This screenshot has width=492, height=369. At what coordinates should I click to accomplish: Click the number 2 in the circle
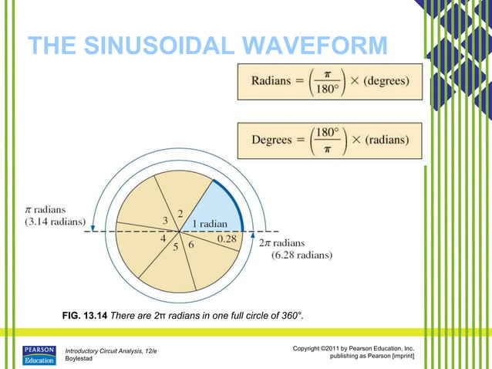[180, 213]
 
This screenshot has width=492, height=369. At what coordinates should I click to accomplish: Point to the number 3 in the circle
[164, 222]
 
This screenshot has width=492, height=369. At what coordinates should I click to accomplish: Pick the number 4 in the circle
[163, 239]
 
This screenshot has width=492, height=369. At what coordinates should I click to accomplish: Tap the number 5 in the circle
[175, 248]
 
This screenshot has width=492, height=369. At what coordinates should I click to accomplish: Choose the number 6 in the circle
[190, 245]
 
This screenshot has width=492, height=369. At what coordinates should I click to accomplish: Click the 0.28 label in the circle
[227, 240]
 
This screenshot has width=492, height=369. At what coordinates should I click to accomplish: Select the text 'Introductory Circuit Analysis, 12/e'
[110, 351]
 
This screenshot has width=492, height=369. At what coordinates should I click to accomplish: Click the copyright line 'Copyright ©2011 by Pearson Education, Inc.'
[354, 349]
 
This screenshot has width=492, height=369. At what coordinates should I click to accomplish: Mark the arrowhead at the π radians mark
[93, 229]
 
